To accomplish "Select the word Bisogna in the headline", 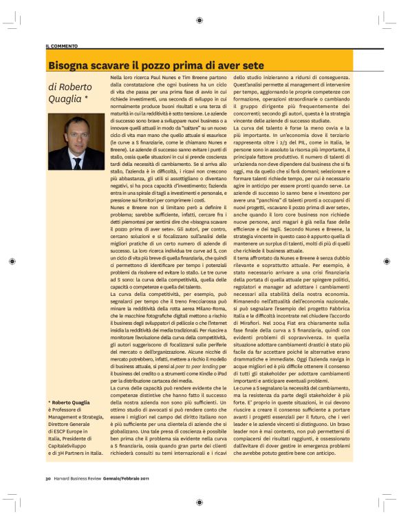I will tap(69, 65).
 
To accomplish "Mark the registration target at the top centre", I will tap(199, 21).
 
